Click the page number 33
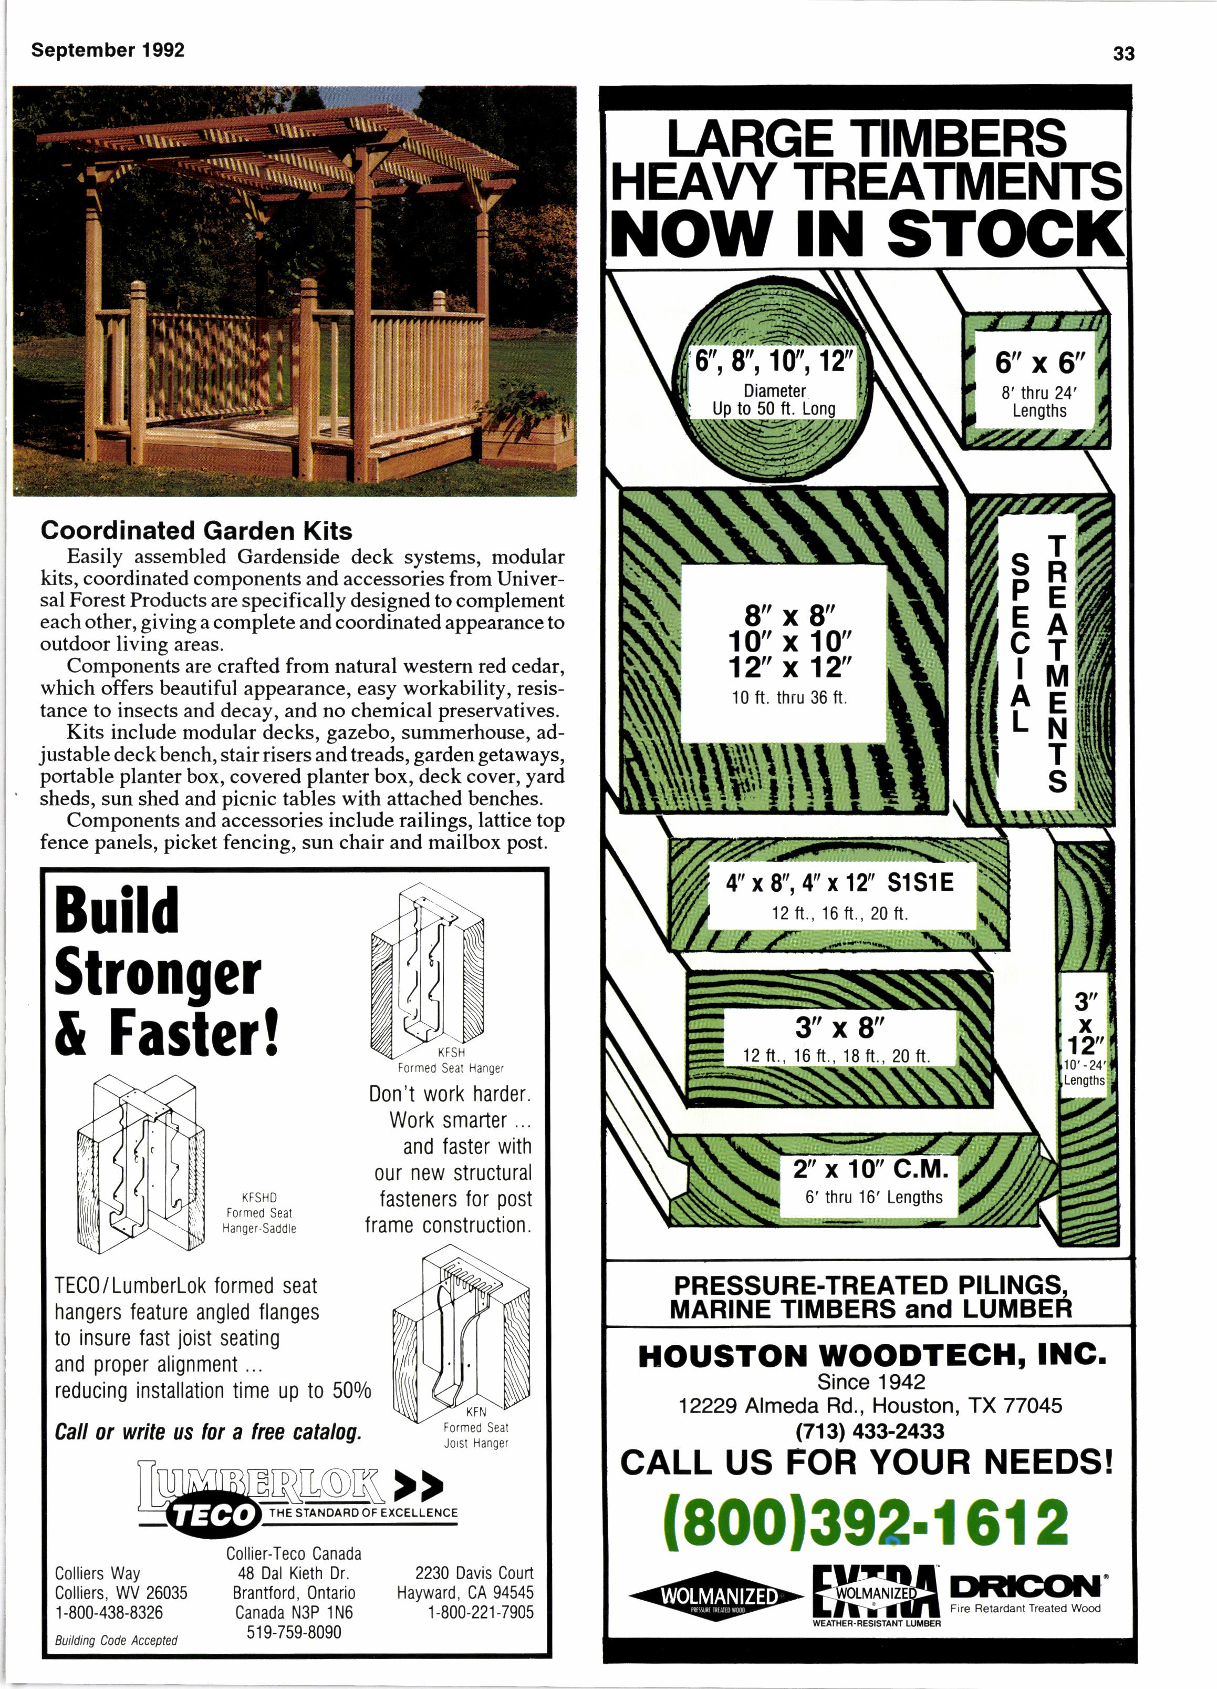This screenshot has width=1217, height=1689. (x=1123, y=54)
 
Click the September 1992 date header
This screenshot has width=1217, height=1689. (x=108, y=50)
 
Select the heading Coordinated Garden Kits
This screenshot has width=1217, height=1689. (x=196, y=530)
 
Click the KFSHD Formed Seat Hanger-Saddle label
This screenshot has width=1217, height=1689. (x=260, y=1212)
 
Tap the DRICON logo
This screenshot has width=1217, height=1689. (x=1025, y=1587)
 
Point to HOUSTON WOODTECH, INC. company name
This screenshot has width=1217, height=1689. (x=871, y=1355)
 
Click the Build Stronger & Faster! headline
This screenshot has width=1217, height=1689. (x=167, y=970)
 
